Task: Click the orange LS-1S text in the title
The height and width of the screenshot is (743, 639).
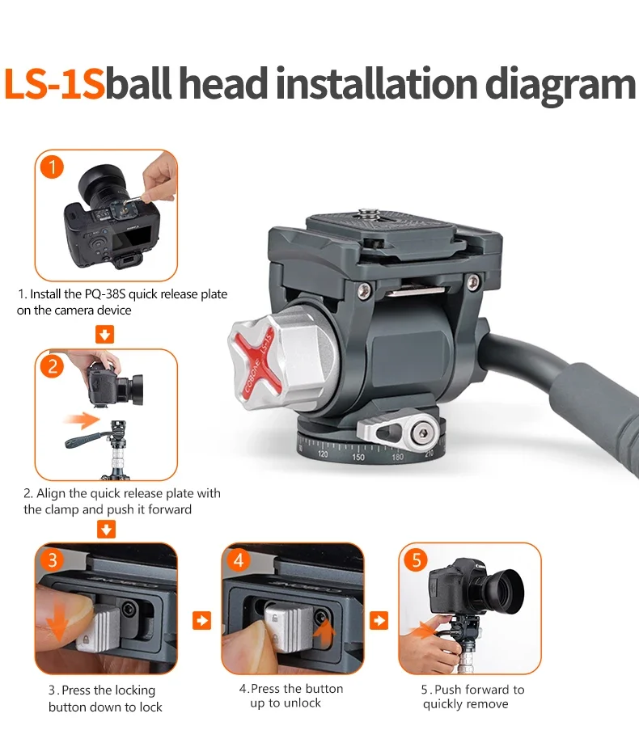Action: coord(54,84)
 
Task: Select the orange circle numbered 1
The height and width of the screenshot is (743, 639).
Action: coord(52,167)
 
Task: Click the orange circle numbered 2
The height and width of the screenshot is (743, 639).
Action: coord(52,366)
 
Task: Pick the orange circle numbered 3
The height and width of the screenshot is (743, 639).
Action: coord(52,559)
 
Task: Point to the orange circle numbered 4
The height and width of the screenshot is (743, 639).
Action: coord(239,559)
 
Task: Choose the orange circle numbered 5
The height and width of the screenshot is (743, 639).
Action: coord(416,559)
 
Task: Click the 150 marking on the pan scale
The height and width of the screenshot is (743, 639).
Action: coord(358,458)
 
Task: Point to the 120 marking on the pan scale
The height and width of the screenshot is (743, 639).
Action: coord(323,454)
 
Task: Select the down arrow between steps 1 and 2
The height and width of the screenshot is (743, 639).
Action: coord(105,334)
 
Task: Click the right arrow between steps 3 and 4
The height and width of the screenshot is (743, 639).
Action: coord(201,620)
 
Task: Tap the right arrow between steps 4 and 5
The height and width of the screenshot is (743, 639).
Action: coord(379,620)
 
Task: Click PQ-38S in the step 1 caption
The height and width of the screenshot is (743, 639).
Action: coord(105,294)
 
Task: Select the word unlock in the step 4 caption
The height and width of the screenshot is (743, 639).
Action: coord(302,703)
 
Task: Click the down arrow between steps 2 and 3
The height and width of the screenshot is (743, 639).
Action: coord(106,530)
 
